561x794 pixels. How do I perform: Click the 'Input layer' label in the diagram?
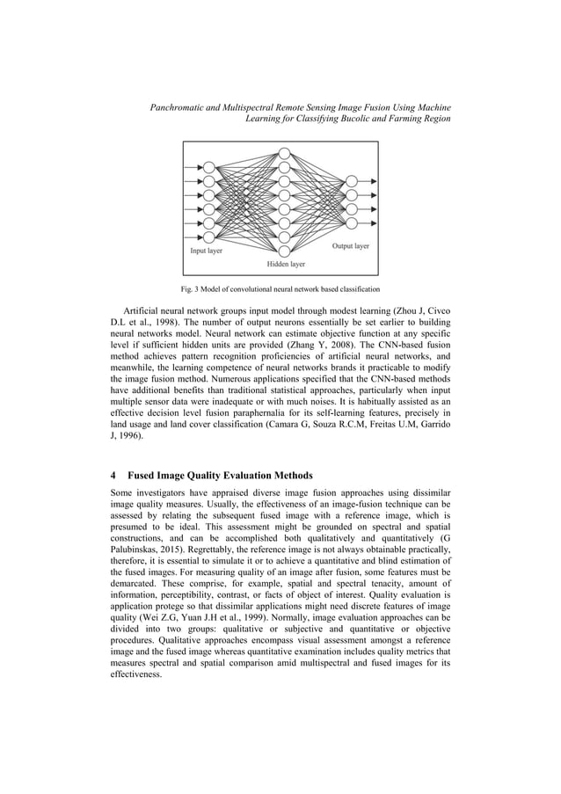(207, 251)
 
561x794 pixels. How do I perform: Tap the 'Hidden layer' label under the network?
(286, 263)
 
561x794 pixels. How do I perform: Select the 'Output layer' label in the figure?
(350, 246)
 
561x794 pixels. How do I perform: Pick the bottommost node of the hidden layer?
(284, 250)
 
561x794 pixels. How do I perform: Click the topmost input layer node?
(208, 166)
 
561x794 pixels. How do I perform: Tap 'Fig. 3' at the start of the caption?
(189, 289)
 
